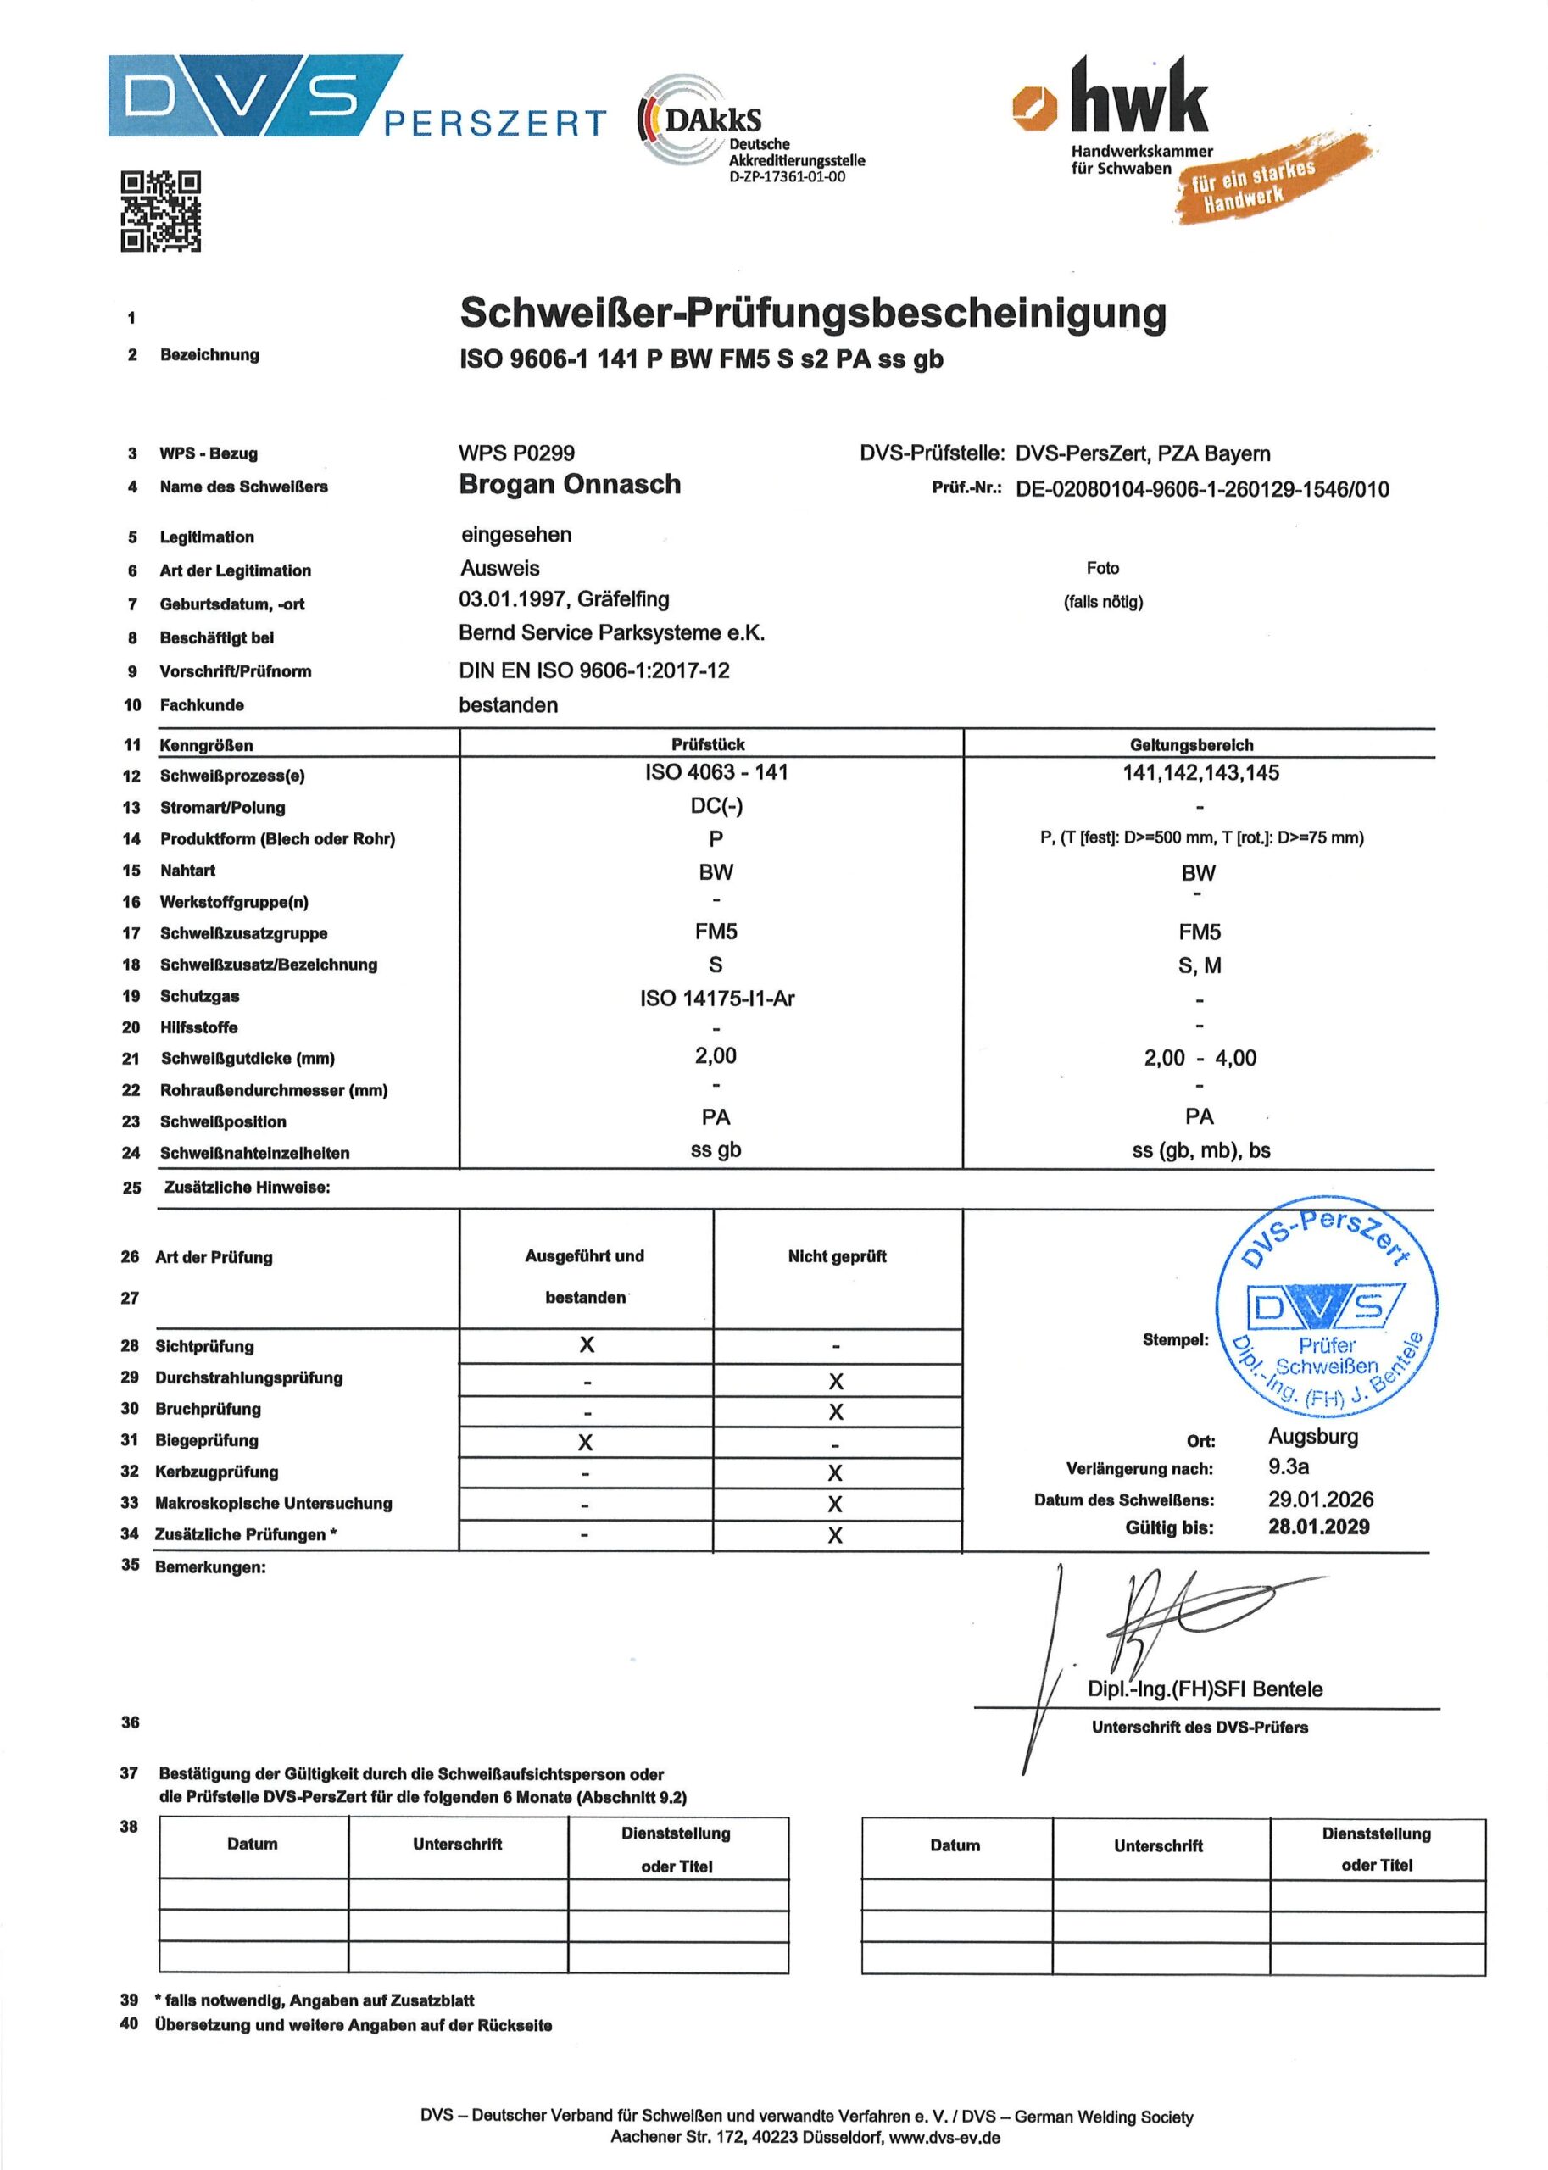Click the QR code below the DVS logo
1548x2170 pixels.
pyautogui.click(x=160, y=210)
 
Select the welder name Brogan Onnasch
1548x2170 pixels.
pyautogui.click(x=569, y=484)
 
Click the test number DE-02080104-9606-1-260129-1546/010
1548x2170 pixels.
pyautogui.click(x=1201, y=490)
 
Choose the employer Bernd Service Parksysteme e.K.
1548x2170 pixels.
pyautogui.click(x=611, y=633)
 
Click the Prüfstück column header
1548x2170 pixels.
pyautogui.click(x=707, y=744)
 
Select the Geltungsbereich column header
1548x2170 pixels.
pyautogui.click(x=1190, y=744)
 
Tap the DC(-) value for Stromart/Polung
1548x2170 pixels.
pyautogui.click(x=716, y=806)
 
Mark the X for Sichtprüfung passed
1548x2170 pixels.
pyautogui.click(x=586, y=1344)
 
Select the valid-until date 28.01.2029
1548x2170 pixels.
pyautogui.click(x=1318, y=1527)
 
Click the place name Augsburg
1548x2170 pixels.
pyautogui.click(x=1312, y=1436)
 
